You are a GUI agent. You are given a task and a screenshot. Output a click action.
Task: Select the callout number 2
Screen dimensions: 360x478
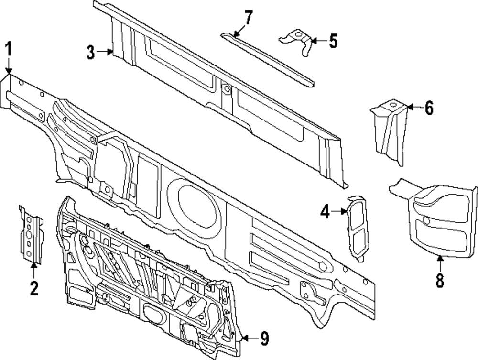coord(33,288)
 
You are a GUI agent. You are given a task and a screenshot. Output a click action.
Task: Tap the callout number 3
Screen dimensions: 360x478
coord(91,52)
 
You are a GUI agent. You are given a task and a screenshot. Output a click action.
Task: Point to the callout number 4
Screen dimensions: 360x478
coord(325,211)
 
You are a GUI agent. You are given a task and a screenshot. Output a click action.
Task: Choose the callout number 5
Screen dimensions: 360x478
coord(333,41)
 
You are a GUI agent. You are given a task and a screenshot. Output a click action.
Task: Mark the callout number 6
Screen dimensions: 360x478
coord(428,109)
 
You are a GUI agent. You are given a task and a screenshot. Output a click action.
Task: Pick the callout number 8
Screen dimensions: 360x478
coord(440,280)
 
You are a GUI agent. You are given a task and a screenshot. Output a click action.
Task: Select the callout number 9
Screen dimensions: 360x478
coord(264,339)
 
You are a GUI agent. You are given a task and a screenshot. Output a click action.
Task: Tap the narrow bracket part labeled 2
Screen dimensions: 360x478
coord(30,234)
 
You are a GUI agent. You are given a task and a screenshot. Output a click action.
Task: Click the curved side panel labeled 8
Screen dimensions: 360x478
coord(442,222)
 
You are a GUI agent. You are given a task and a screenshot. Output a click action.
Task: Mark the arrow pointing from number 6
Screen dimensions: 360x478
coord(414,109)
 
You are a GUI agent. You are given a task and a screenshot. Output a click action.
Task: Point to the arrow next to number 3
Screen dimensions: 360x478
coord(106,52)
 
